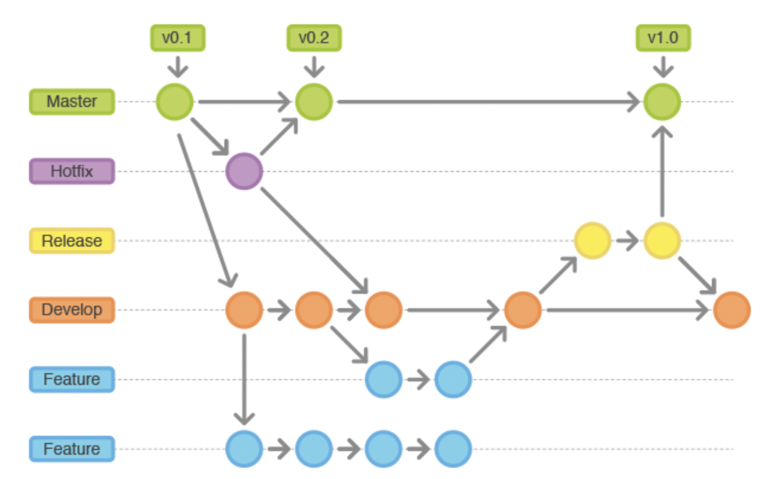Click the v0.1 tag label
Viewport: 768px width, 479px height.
[178, 38]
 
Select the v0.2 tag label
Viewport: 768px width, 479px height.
[314, 38]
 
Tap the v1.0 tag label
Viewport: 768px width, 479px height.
[663, 38]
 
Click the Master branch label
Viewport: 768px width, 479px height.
[72, 102]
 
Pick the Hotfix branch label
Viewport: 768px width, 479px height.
[72, 171]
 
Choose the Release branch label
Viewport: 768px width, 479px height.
[72, 241]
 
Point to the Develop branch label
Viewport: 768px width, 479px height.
[72, 310]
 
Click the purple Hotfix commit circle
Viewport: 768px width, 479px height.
[244, 171]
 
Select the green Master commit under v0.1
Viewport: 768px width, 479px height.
[175, 102]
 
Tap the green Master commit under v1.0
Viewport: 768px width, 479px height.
[662, 102]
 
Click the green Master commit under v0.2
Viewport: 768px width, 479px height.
[314, 102]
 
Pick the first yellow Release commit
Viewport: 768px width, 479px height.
[592, 241]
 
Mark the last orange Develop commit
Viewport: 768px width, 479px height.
[732, 310]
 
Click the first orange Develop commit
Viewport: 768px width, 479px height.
[244, 310]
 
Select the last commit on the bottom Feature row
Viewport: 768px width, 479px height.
[453, 449]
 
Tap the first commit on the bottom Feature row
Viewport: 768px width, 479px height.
[244, 449]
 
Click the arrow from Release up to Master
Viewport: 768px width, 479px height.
[662, 171]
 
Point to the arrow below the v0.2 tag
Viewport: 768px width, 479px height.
[314, 66]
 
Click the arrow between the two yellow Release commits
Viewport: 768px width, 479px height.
[627, 241]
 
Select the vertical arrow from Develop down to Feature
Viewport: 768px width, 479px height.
[244, 378]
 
